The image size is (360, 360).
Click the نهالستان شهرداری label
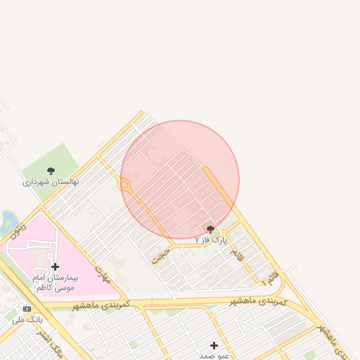51,181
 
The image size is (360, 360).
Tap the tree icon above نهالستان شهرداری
51,170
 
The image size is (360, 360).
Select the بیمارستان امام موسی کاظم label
55,283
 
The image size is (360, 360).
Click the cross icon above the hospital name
55,266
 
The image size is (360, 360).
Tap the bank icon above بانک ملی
27,309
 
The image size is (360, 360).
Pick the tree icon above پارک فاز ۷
210,229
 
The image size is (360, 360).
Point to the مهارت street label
103,274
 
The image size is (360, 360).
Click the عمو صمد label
214,356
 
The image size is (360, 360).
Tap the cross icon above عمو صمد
214,345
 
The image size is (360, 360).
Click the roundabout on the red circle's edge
124,186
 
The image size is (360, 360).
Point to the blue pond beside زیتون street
8,221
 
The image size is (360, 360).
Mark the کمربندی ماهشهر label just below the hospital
104,305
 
